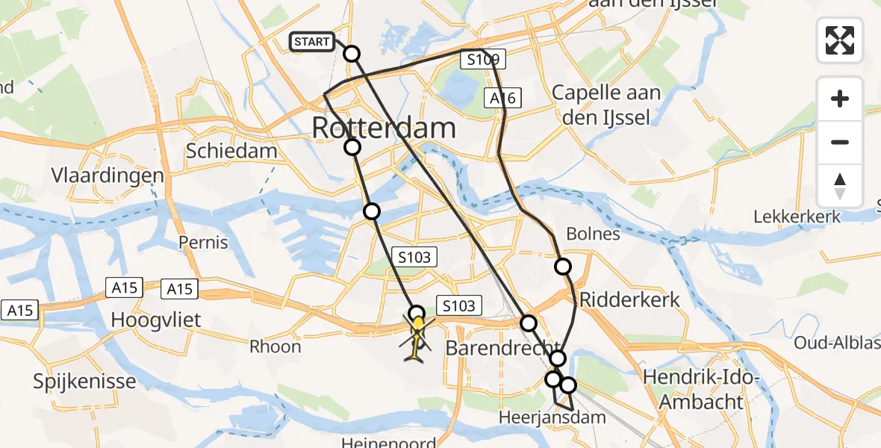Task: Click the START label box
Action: coord(311,42)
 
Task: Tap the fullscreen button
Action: coord(840,40)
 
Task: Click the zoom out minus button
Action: coord(840,142)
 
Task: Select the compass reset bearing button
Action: coord(840,186)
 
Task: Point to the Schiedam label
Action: coord(231,151)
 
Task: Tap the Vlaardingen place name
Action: coord(108,175)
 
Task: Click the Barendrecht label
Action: coord(502,348)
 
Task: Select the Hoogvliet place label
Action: coord(156,320)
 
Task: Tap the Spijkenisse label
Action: coord(84,382)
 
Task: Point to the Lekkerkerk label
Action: coord(797,217)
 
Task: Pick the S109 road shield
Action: coord(483,60)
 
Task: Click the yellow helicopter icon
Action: coord(417,335)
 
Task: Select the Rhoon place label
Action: coord(275,346)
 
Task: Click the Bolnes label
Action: coord(594,234)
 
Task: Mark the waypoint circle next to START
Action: coord(351,54)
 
